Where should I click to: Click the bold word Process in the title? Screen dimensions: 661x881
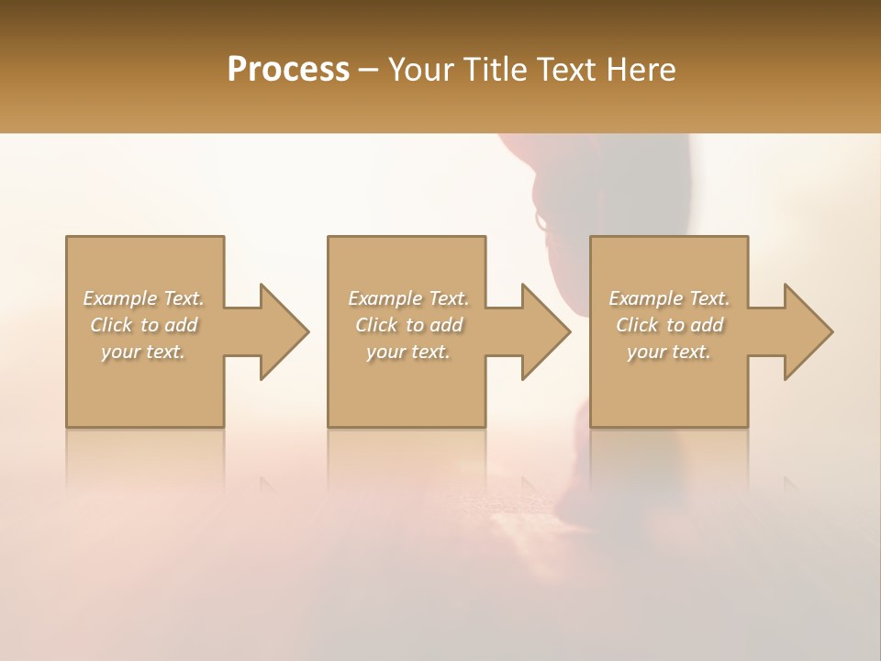pyautogui.click(x=288, y=70)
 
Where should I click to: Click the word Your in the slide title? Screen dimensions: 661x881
pyautogui.click(x=420, y=70)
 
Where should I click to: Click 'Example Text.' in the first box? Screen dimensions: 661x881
pyautogui.click(x=143, y=298)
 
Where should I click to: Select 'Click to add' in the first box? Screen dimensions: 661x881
pyautogui.click(x=143, y=325)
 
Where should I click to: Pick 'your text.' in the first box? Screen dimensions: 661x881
pyautogui.click(x=143, y=352)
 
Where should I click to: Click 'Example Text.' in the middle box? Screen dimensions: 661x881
pyautogui.click(x=407, y=298)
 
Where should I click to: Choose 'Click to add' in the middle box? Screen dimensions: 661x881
pyautogui.click(x=407, y=325)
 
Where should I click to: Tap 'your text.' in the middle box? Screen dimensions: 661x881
pyautogui.click(x=407, y=352)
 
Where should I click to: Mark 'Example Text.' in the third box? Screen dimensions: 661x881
pyautogui.click(x=669, y=298)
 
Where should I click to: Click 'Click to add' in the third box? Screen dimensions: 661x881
pyautogui.click(x=669, y=325)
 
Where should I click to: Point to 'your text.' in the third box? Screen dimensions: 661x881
pyautogui.click(x=669, y=352)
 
